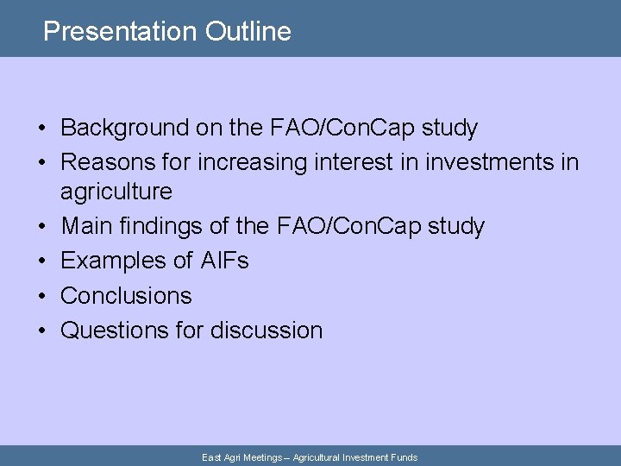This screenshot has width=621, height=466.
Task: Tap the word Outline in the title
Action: [248, 32]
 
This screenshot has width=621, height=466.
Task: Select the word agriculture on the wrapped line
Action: [116, 192]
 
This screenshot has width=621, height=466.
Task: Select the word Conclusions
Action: [126, 295]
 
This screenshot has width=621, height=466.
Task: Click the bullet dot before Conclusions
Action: [41, 296]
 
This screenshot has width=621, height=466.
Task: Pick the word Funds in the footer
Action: [403, 457]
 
